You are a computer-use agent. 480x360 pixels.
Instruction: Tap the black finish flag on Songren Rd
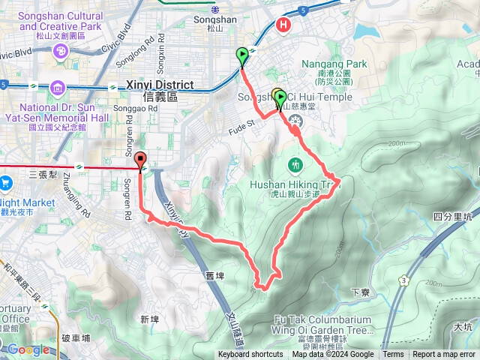[x=140, y=160]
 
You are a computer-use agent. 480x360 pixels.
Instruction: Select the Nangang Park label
[x=335, y=64]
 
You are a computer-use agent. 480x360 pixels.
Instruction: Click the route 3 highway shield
[x=403, y=280]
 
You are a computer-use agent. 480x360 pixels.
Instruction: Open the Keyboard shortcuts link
[x=250, y=355]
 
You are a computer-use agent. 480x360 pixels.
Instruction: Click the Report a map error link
[x=444, y=355]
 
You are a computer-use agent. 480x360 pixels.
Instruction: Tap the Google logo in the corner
[x=28, y=349]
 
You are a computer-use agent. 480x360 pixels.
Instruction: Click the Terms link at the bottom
[x=393, y=355]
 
